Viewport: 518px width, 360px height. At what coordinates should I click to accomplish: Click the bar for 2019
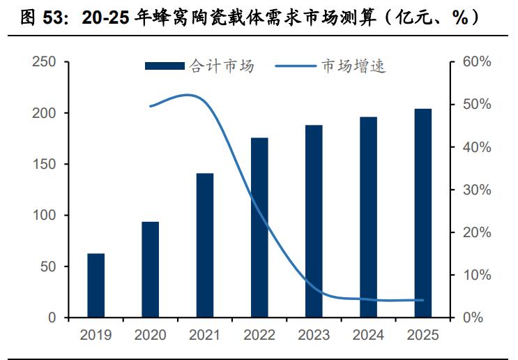click(x=96, y=285)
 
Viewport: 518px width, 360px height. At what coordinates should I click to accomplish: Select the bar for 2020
click(x=150, y=269)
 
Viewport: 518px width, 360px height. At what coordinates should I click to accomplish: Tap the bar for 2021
click(x=205, y=245)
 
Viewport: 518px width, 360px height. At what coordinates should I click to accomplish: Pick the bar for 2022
click(x=259, y=227)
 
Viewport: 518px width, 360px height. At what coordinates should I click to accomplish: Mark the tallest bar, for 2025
click(x=423, y=213)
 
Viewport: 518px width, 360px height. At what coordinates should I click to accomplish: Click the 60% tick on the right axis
click(x=477, y=62)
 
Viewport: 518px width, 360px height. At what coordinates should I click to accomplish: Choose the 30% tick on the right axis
click(x=477, y=190)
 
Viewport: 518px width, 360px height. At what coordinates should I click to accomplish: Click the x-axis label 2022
click(x=259, y=336)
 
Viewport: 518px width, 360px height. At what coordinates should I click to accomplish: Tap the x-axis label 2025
click(x=423, y=336)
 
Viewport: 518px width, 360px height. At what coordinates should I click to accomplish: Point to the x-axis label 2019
click(x=96, y=336)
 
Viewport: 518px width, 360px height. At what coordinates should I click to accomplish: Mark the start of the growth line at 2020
click(x=151, y=106)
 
